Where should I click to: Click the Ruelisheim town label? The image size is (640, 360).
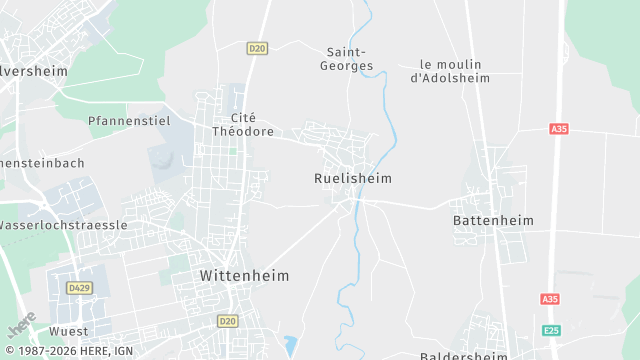346,178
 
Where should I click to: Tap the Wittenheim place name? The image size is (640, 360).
245,274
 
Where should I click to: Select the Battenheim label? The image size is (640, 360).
493,220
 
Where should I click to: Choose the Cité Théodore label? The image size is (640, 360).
243,124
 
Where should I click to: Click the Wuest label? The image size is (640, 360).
68,331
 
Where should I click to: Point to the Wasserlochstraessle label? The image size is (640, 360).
62,225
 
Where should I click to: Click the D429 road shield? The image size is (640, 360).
79,288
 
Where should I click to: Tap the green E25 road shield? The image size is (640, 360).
550,330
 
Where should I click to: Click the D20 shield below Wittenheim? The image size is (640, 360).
227,321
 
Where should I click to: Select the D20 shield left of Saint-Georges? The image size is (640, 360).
258,48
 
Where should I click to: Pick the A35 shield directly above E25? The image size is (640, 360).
549,299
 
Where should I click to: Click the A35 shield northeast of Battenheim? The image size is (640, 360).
559,129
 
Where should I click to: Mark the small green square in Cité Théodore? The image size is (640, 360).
233,151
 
